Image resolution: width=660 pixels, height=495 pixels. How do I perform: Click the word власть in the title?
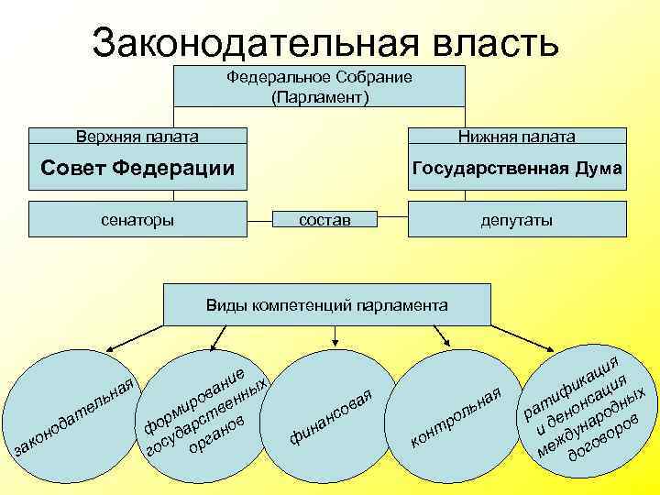tap(493, 42)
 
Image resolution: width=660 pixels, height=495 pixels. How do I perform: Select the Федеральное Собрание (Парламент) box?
tap(320, 86)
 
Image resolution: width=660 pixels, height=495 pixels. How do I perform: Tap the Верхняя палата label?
tap(137, 137)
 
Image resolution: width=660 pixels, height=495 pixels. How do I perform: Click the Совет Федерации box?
tap(137, 168)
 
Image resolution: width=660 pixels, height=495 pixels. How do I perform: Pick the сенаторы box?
tap(137, 219)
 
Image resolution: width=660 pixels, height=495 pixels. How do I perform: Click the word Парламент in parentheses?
tap(320, 95)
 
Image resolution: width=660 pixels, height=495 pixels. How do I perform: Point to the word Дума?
tap(599, 169)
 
